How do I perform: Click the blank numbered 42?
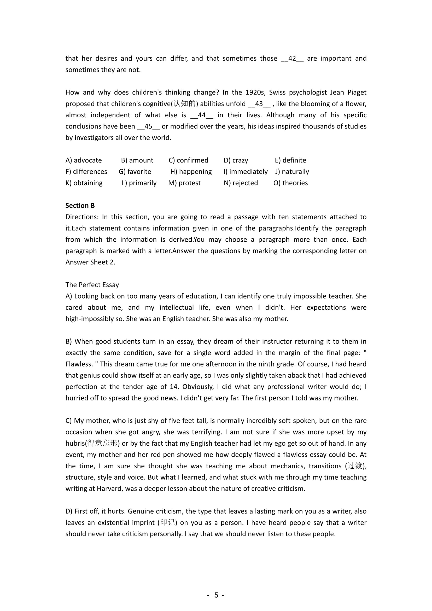[x=292, y=59]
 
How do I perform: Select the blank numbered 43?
[x=259, y=104]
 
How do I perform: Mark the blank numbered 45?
[x=148, y=126]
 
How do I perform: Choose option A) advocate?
[x=84, y=160]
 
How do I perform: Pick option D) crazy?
[x=236, y=160]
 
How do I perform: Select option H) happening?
[x=191, y=172]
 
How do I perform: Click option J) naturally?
[x=292, y=172]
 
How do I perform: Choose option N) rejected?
[x=241, y=183]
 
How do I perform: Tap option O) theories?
[x=290, y=183]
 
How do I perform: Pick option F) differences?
[x=86, y=172]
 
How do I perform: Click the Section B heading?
[x=80, y=205]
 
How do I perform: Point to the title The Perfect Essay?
[x=92, y=285]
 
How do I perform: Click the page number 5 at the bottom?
[x=216, y=595]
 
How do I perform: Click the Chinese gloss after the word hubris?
[x=102, y=443]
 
